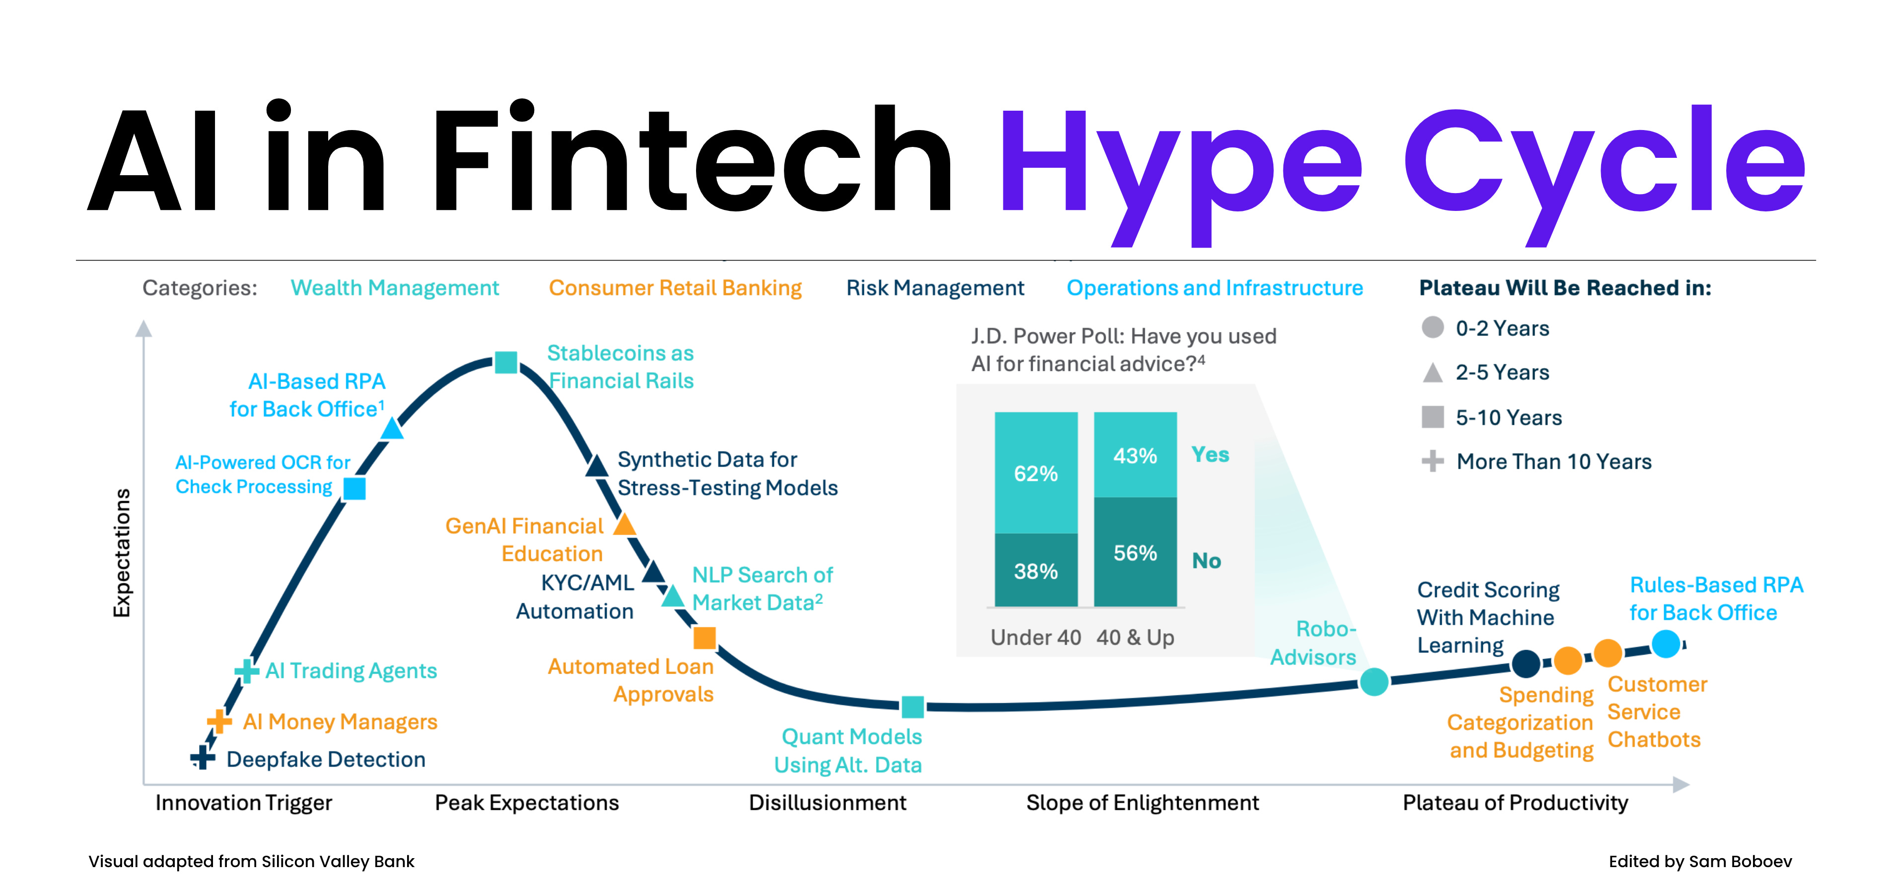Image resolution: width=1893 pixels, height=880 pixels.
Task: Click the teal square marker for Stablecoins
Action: point(505,362)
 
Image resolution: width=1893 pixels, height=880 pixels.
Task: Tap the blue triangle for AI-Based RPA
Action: point(392,429)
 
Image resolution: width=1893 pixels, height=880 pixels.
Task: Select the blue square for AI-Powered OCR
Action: point(355,488)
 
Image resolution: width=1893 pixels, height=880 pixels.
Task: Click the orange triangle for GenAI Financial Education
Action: point(625,525)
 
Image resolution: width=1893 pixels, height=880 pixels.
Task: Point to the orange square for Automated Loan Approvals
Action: point(705,638)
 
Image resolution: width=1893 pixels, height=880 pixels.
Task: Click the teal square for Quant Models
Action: point(912,707)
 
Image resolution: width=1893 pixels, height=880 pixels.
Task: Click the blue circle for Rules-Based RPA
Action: point(1666,643)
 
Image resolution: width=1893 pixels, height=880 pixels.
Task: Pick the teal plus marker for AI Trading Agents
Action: point(246,670)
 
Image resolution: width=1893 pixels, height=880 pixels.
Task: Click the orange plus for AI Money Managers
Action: point(219,721)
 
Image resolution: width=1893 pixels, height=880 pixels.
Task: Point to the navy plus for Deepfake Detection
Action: point(202,757)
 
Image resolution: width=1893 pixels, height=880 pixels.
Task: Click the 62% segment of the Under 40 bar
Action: point(1036,473)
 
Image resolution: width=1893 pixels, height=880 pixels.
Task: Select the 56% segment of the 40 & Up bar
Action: point(1135,552)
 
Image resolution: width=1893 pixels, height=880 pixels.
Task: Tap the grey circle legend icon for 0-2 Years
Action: point(1432,328)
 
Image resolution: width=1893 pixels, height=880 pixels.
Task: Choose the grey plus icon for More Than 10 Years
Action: point(1432,461)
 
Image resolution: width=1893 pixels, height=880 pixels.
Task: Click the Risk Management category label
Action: point(935,288)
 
